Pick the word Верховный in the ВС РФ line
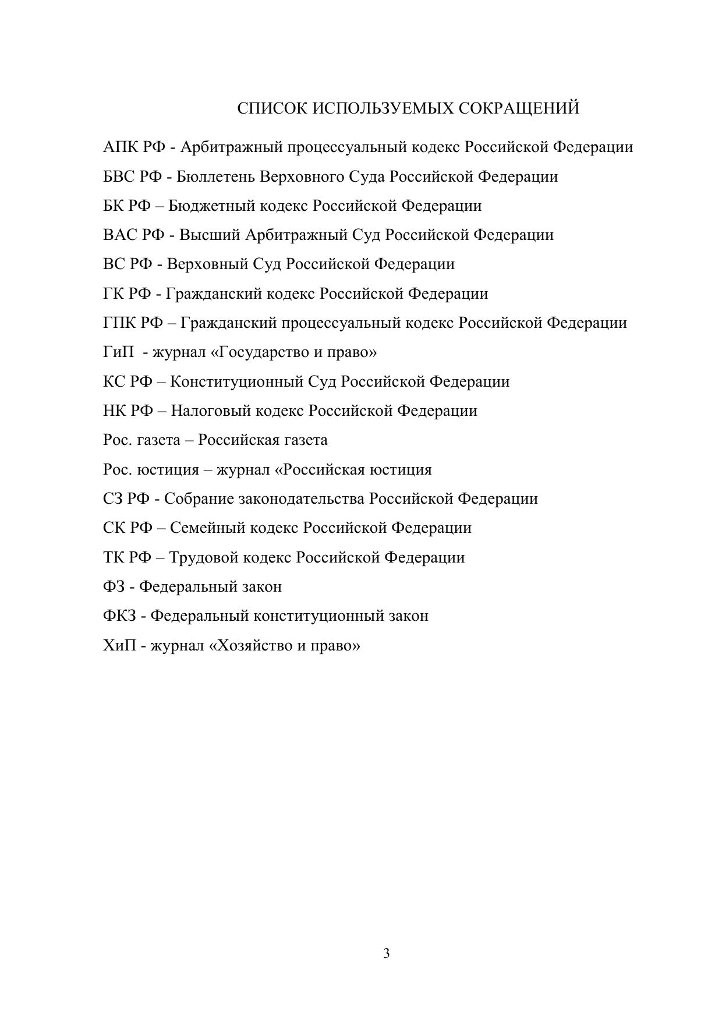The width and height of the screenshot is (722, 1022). (x=207, y=264)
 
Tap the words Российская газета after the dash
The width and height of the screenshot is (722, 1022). (x=263, y=440)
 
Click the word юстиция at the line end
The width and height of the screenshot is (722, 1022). (x=401, y=469)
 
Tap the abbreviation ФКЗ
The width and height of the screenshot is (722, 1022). (x=119, y=616)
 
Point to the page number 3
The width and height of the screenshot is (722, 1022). (x=387, y=954)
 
